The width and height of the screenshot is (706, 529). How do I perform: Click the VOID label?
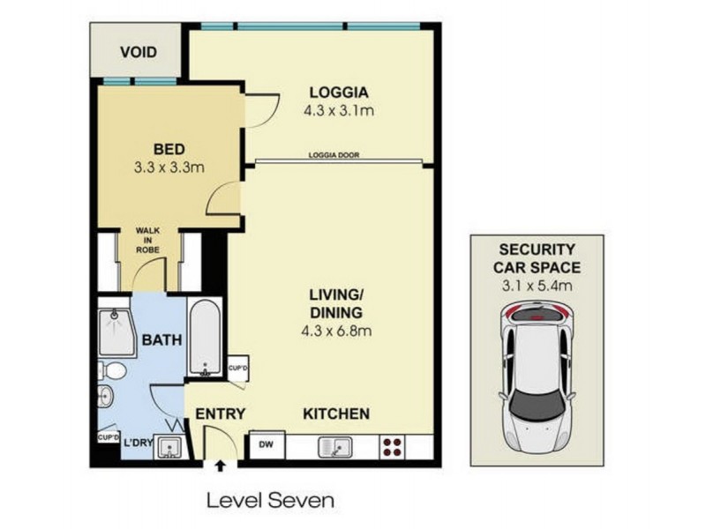(x=139, y=53)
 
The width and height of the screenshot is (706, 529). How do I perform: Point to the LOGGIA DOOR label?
(x=334, y=156)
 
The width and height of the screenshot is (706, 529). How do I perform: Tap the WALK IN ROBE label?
(x=147, y=241)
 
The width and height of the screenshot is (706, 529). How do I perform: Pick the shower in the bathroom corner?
(x=116, y=332)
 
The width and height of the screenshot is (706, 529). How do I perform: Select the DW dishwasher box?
(x=265, y=446)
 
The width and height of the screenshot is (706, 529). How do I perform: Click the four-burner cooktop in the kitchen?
(x=394, y=447)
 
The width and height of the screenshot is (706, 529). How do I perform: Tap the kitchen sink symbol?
(x=337, y=447)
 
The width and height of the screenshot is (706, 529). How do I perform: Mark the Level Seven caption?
(x=270, y=501)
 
